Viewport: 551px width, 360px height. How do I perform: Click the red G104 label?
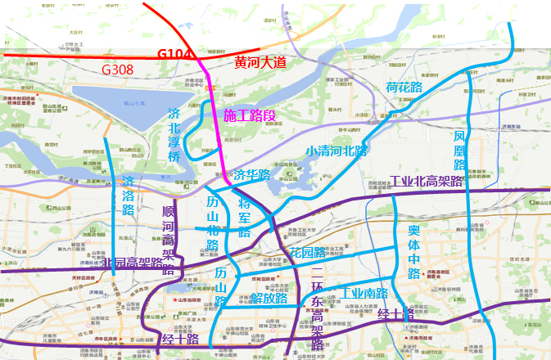coord(174,55)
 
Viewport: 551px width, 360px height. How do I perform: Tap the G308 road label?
coord(117,70)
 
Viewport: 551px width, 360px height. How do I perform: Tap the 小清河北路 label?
coord(336,151)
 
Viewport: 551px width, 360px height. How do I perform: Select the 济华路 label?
coord(252,175)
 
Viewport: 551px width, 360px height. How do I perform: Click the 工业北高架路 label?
coord(427,181)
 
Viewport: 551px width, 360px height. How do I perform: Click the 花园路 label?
coord(306,254)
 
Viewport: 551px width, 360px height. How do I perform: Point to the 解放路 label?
coord(269,299)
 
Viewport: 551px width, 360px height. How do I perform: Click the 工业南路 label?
coord(365,293)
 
